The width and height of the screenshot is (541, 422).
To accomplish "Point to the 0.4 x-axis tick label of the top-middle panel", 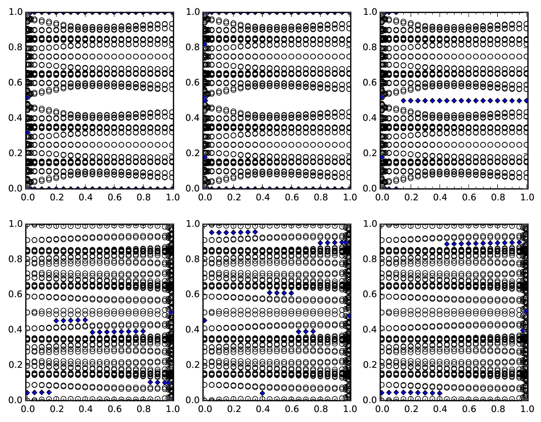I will point(263,197).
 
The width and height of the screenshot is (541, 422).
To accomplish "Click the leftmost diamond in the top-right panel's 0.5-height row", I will point(404,101).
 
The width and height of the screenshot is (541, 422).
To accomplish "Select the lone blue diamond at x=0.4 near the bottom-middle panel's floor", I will point(262,393).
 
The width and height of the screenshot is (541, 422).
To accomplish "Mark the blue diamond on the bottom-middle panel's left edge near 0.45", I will point(205,320).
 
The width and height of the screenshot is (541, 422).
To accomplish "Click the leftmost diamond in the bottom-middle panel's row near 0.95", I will point(212,232).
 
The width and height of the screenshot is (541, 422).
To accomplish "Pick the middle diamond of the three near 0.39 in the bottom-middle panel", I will point(306,331).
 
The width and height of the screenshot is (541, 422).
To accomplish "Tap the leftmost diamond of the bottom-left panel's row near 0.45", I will point(56,320).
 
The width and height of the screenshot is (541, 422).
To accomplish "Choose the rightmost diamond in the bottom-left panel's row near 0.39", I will point(143,331).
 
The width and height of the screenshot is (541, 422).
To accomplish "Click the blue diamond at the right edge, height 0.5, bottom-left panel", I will point(171,312).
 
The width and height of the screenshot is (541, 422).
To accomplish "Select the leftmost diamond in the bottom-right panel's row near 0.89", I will point(447,244).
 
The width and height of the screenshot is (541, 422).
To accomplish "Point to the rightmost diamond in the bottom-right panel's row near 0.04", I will point(440,393).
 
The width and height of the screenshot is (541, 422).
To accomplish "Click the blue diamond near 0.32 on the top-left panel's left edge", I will point(28,132).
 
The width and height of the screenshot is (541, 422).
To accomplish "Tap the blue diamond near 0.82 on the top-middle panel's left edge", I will point(205,44).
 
